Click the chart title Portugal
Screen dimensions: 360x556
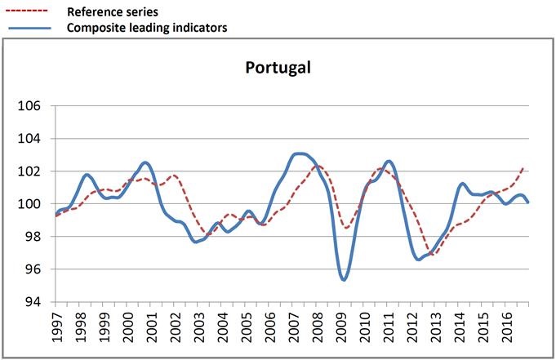(x=278, y=67)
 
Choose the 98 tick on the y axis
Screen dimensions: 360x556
(x=33, y=237)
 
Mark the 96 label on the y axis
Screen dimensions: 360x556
(x=33, y=269)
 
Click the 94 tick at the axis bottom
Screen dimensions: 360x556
(x=33, y=302)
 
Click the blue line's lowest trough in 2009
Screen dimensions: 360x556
(x=345, y=279)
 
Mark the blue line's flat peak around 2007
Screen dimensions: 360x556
(x=300, y=153)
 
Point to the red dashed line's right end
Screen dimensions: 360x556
(x=523, y=167)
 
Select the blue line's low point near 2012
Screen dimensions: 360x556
(x=419, y=259)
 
